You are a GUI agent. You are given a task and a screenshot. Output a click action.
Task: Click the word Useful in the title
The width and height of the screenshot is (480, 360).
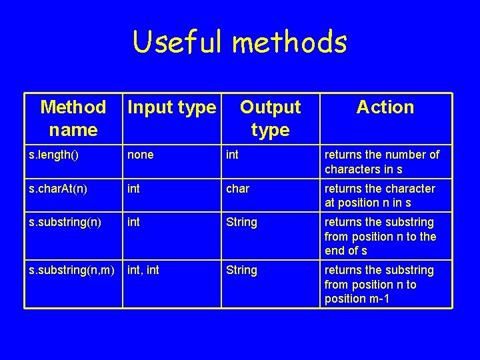(178, 43)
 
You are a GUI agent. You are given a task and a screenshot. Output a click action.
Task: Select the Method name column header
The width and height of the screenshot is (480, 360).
(73, 117)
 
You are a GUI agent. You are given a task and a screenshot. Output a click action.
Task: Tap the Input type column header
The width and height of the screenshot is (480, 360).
(172, 107)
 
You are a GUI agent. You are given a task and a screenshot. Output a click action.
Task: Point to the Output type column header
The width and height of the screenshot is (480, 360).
(270, 117)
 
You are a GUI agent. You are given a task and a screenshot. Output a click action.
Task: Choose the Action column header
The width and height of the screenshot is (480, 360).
(385, 107)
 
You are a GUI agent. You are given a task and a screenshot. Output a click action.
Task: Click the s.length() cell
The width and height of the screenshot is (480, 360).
(54, 155)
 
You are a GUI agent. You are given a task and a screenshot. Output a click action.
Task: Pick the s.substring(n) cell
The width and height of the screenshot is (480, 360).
(63, 222)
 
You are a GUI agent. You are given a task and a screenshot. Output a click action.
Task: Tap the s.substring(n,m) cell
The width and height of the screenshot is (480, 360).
(72, 270)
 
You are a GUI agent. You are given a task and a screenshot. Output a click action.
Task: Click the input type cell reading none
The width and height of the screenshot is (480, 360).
(140, 155)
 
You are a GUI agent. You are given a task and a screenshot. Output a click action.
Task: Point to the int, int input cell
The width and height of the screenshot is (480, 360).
(143, 270)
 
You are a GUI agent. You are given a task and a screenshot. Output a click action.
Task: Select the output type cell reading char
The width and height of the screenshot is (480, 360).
(237, 189)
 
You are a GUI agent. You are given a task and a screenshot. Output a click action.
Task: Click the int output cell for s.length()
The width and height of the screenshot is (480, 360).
(232, 155)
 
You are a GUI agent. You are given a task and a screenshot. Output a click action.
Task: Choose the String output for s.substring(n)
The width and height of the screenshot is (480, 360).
(241, 222)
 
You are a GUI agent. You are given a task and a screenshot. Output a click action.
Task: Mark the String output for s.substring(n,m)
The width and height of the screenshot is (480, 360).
(241, 270)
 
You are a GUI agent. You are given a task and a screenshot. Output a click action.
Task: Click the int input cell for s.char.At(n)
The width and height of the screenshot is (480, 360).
(133, 189)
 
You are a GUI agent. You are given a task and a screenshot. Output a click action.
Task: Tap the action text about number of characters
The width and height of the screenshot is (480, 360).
(381, 162)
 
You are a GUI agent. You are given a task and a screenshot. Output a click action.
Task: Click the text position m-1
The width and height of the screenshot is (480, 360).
(357, 299)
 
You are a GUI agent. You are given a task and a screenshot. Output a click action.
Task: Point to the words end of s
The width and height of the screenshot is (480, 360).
(346, 251)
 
